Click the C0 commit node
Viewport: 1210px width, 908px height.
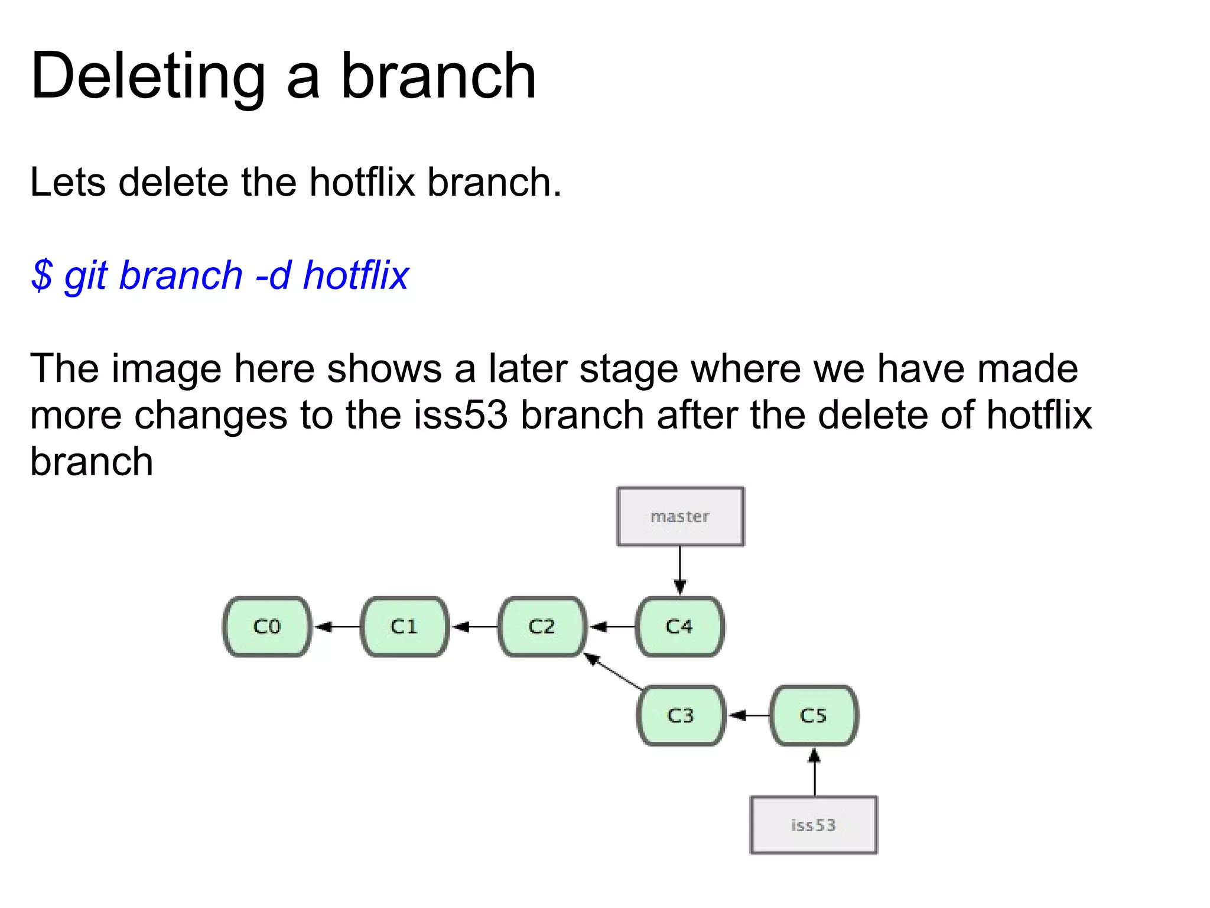(x=267, y=627)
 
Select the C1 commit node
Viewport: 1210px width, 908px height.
(x=405, y=627)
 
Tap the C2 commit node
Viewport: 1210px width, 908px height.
(x=542, y=627)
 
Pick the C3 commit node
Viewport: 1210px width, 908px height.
(x=681, y=716)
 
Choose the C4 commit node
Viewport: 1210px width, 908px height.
(x=679, y=627)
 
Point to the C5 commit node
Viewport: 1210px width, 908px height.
(x=814, y=716)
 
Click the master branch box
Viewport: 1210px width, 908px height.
(x=680, y=517)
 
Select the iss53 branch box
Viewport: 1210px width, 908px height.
(x=814, y=825)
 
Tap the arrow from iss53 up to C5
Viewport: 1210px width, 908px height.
(x=814, y=772)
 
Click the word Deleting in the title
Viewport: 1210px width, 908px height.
(x=148, y=77)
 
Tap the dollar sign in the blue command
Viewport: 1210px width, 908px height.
(x=41, y=275)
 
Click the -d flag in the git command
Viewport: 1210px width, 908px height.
(x=273, y=275)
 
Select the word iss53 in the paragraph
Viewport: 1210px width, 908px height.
(x=460, y=415)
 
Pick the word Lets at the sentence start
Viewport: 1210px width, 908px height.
(x=68, y=182)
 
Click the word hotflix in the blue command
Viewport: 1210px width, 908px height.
(x=355, y=275)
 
